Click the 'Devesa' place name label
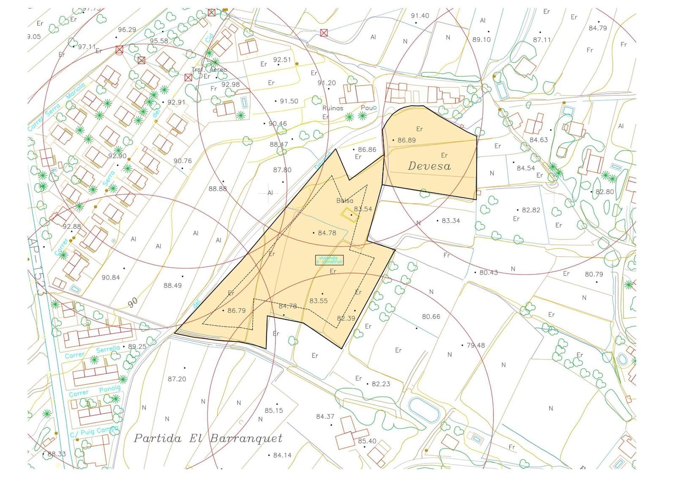tap(429, 166)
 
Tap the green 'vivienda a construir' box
tap(330, 260)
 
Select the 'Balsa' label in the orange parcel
tap(345, 201)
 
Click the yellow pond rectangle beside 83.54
tap(349, 214)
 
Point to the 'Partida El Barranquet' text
tap(208, 438)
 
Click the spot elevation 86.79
tap(236, 310)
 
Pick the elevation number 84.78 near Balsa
tap(327, 233)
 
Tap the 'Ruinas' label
tap(333, 108)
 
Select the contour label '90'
tap(133, 302)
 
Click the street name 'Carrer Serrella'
tap(93, 352)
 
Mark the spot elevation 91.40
tap(420, 16)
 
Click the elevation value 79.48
tap(476, 345)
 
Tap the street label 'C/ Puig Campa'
tap(94, 432)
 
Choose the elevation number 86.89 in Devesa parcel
tap(406, 140)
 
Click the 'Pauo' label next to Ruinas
tap(368, 108)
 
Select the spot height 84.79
tap(598, 28)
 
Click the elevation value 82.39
tap(346, 318)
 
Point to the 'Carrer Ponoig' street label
tap(95, 391)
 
